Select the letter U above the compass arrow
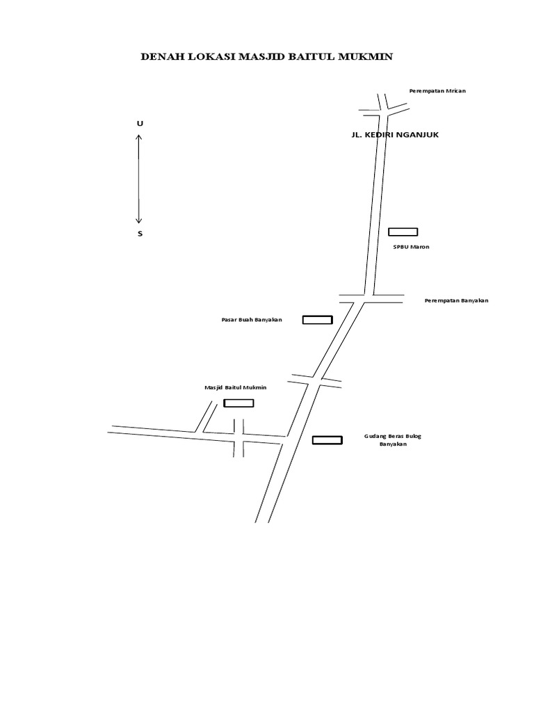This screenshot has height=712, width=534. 140,123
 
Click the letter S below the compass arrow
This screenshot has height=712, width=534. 140,234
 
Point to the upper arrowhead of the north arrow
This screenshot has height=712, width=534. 140,137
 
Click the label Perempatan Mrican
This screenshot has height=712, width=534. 437,91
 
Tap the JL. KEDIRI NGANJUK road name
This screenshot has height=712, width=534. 396,135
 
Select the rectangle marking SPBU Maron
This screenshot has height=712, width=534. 403,232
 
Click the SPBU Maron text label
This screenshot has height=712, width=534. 411,247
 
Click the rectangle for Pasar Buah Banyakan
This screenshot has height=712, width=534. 317,320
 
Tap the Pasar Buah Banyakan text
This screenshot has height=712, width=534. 252,320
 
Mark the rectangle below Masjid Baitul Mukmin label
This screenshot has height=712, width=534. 238,403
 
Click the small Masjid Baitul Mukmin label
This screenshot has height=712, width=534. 236,387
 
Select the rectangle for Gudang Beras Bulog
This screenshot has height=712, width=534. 327,439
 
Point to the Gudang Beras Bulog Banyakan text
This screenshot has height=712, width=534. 393,440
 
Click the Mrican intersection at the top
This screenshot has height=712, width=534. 383,108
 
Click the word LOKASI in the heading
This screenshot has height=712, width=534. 210,57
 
